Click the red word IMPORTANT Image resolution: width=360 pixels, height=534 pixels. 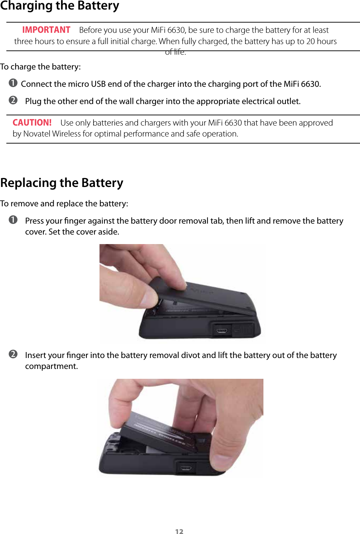tap(46, 30)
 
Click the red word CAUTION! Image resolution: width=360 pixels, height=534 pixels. tap(32, 123)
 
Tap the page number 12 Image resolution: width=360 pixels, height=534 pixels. tap(179, 532)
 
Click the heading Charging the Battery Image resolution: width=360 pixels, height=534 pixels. tap(60, 6)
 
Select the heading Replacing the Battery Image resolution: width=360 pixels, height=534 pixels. tap(62, 183)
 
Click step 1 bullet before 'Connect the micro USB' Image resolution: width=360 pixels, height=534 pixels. tap(13, 83)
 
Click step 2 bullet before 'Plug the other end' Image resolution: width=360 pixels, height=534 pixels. tap(13, 100)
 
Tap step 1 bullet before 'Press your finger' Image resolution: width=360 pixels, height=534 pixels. tap(13, 220)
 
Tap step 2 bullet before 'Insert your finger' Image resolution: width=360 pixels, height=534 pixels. tap(13, 354)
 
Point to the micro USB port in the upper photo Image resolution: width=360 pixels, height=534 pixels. tap(222, 331)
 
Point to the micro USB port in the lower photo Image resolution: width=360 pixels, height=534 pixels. tap(186, 468)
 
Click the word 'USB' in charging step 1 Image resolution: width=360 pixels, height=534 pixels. tap(98, 84)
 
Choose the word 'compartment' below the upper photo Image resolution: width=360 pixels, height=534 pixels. tap(51, 366)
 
